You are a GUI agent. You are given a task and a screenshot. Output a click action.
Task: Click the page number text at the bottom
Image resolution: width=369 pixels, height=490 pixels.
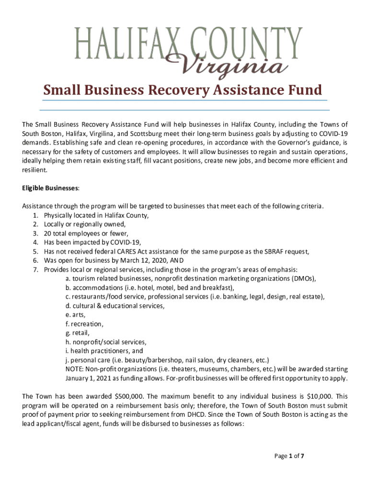289,456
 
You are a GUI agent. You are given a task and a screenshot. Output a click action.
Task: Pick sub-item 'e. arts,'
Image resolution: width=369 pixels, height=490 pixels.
76,315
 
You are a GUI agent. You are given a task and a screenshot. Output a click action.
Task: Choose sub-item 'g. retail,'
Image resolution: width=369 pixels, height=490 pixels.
78,333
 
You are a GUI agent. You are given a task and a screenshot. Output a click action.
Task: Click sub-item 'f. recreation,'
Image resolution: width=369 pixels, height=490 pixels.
84,324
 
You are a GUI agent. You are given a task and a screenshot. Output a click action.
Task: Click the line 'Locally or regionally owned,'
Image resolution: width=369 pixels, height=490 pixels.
85,224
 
